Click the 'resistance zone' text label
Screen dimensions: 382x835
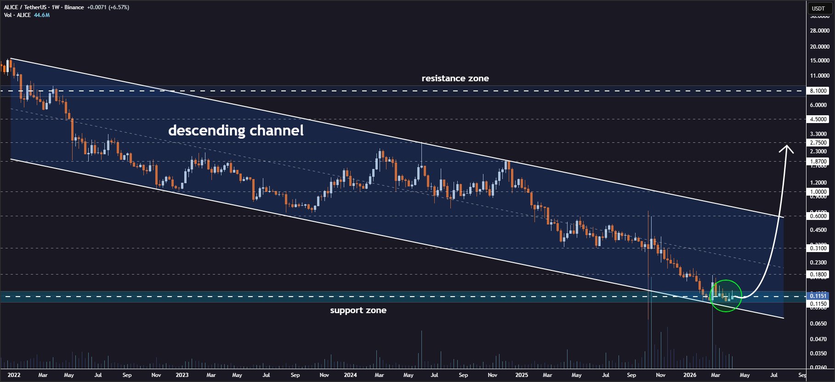click(455, 79)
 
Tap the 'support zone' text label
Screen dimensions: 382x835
click(358, 310)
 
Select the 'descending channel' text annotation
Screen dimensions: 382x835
click(236, 130)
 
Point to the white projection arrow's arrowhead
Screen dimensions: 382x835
click(786, 147)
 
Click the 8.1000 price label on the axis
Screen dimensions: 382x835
click(818, 91)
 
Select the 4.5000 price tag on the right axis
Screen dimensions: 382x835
click(818, 119)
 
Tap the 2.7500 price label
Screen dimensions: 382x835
click(818, 143)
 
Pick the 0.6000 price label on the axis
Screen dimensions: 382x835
click(818, 216)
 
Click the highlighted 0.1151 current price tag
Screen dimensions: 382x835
click(818, 296)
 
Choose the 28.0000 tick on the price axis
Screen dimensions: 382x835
click(819, 31)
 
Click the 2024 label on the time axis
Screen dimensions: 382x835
click(350, 375)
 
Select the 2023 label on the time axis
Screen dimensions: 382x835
click(182, 375)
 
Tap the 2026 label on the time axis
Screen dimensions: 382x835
click(689, 375)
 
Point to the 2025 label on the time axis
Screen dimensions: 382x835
click(522, 375)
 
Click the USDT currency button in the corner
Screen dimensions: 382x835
click(818, 8)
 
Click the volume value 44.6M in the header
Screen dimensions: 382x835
click(42, 15)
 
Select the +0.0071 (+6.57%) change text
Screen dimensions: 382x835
click(108, 7)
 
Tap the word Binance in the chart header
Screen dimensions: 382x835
click(74, 7)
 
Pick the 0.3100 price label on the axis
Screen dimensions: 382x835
click(818, 248)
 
